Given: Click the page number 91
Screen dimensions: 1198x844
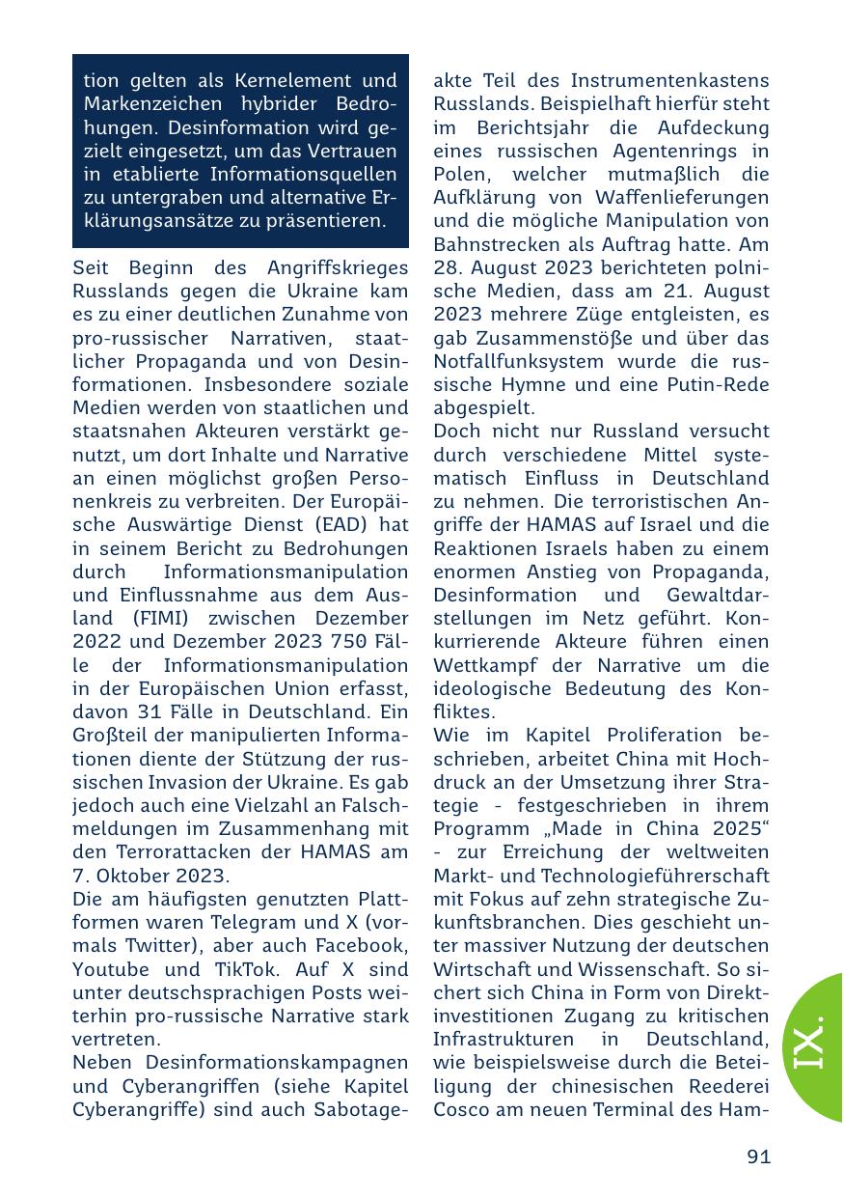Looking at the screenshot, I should [758, 1156].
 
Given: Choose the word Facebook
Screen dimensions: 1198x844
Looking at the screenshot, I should [364, 946].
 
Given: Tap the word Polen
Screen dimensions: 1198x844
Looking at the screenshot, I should [461, 174].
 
